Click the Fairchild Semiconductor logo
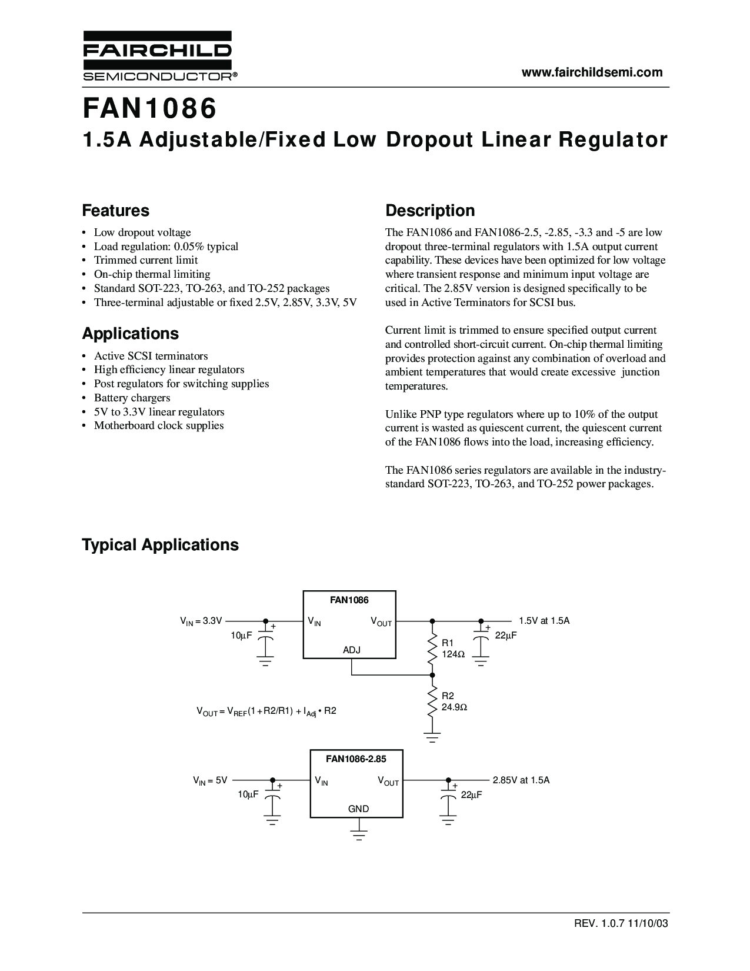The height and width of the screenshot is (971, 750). [x=159, y=55]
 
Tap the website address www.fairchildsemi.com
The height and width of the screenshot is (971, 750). [x=592, y=72]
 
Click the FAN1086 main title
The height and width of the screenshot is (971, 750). [x=149, y=109]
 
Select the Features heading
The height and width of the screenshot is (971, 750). [x=116, y=211]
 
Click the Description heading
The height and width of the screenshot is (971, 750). [x=430, y=211]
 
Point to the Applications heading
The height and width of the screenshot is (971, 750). [x=131, y=334]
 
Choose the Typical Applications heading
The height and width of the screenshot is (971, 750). [x=161, y=545]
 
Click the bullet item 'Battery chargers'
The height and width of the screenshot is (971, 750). [x=132, y=398]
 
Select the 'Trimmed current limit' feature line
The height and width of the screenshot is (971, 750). [x=146, y=260]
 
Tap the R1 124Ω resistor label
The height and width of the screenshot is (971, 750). [x=453, y=649]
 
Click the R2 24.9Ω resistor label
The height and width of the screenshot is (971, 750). [x=454, y=701]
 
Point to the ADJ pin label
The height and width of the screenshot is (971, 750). [x=352, y=650]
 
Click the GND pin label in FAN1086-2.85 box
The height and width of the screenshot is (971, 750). [x=358, y=809]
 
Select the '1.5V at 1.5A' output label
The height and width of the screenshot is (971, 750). [x=544, y=621]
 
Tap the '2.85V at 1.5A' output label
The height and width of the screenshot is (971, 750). [x=521, y=780]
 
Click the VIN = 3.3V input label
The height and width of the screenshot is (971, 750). [x=201, y=621]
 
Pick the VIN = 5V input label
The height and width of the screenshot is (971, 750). [x=210, y=781]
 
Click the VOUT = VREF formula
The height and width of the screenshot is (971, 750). [x=266, y=711]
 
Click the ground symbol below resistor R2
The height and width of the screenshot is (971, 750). [x=432, y=737]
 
